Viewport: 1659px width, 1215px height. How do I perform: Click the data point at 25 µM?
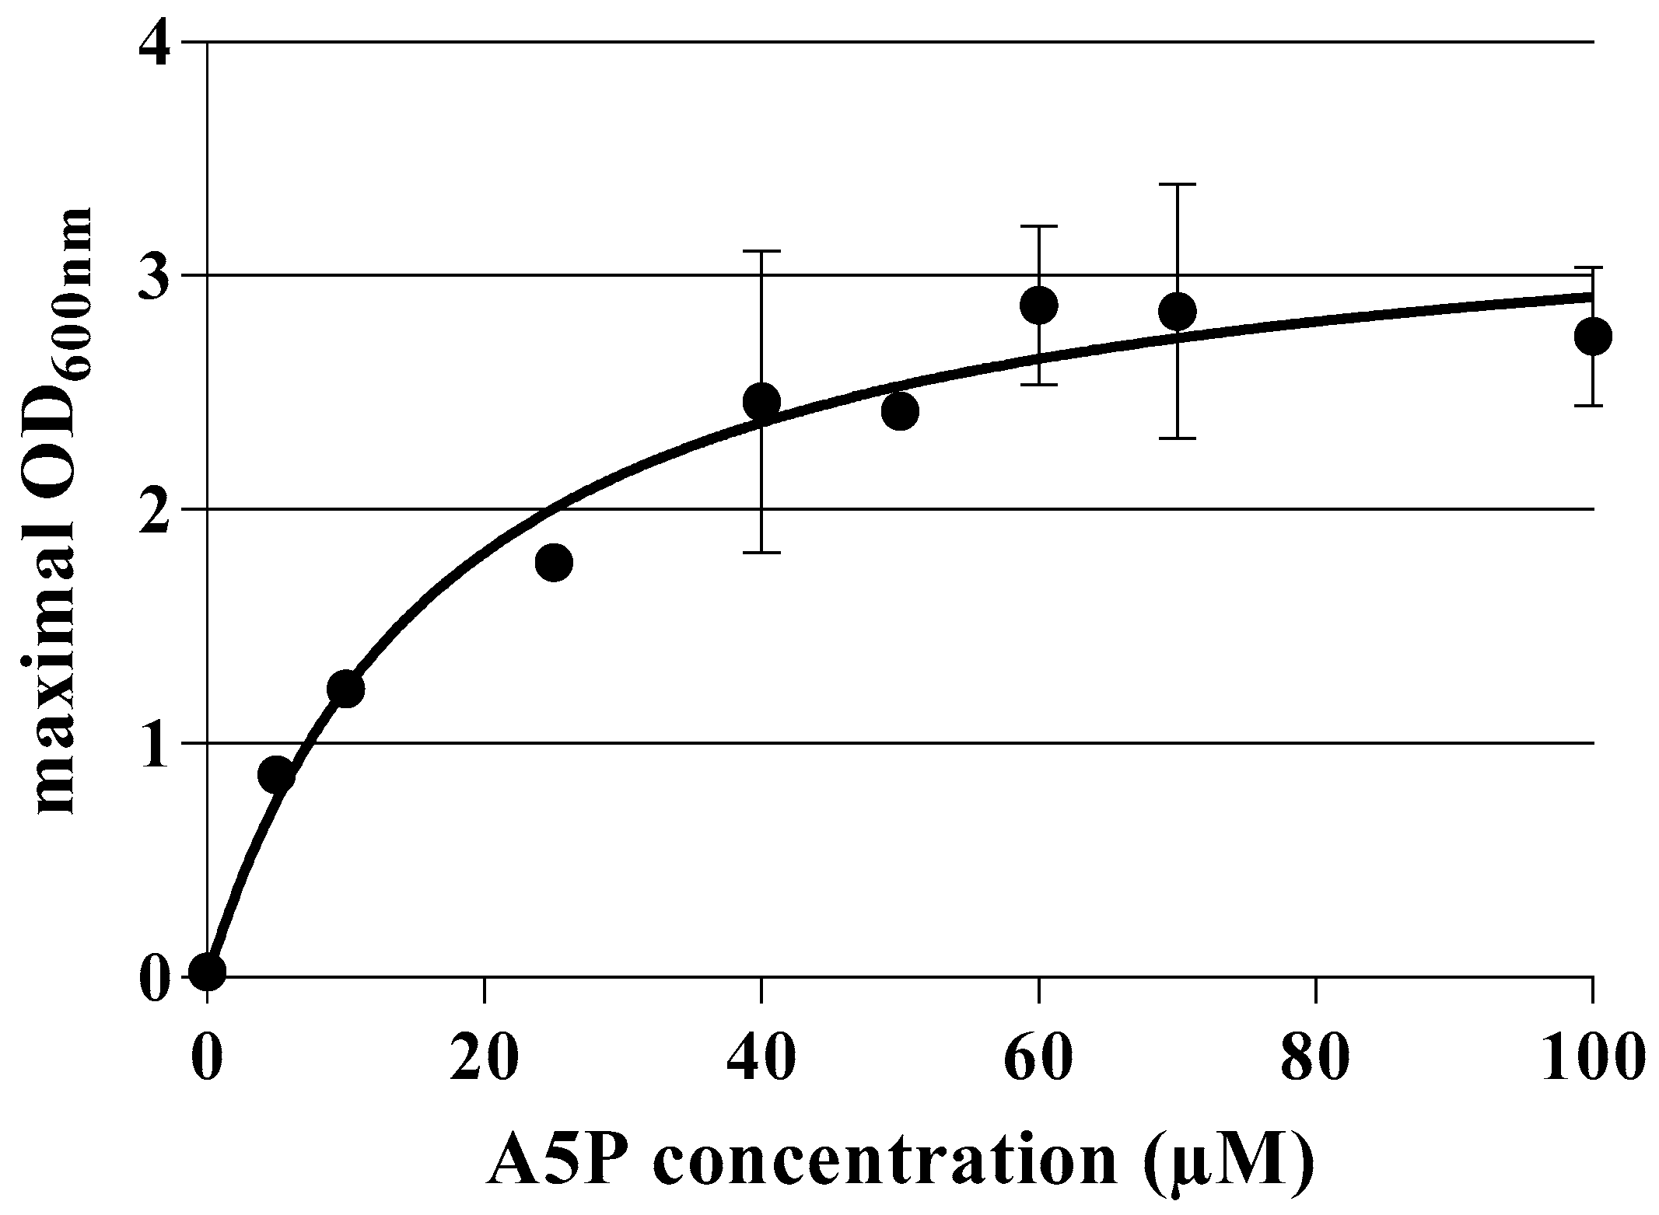tap(554, 562)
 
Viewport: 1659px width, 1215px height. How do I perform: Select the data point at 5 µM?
tap(276, 775)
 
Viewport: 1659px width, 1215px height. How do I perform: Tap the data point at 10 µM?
tap(345, 688)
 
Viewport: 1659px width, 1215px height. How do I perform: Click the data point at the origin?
tap(208, 971)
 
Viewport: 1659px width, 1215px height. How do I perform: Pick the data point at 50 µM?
tap(900, 410)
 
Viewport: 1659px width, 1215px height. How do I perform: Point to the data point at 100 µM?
tap(1592, 337)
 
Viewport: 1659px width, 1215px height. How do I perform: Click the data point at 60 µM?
tap(1038, 305)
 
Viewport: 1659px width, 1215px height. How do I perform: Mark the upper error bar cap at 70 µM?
tap(1177, 184)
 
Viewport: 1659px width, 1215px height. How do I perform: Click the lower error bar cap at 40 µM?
tap(761, 553)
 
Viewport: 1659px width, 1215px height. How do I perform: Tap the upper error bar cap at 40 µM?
tap(761, 251)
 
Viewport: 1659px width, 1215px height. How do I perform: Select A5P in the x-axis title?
tap(556, 1161)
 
